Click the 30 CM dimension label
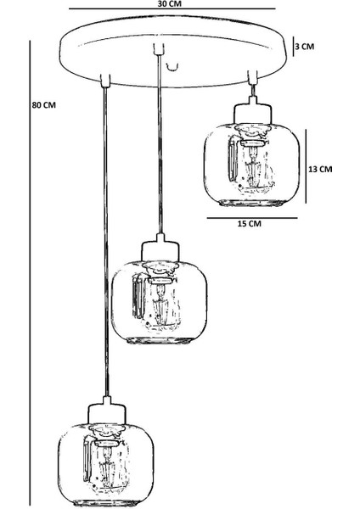(169, 4)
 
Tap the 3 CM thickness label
(305, 46)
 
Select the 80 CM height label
(44, 105)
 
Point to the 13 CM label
(320, 169)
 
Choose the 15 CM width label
(250, 223)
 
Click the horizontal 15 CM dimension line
(252, 218)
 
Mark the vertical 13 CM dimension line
(306, 166)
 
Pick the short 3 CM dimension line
(293, 47)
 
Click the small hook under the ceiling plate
(172, 67)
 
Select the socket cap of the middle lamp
(160, 249)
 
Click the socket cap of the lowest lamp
(107, 411)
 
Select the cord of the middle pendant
(160, 145)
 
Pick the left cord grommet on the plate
(105, 81)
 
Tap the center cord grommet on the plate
(158, 49)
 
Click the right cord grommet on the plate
(252, 77)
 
